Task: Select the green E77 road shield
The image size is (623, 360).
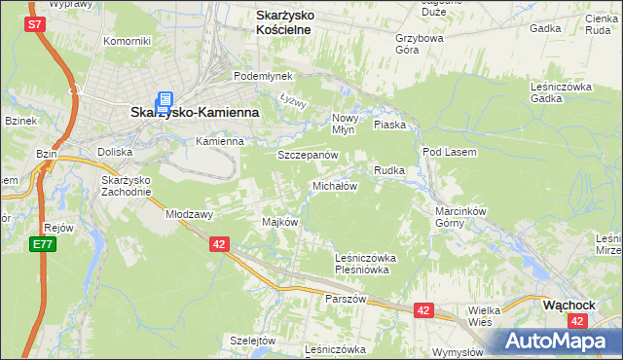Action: (x=41, y=244)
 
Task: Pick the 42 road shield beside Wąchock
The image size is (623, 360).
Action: (x=578, y=320)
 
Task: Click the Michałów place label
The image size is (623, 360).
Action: (x=335, y=185)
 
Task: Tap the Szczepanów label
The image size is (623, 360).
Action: (x=308, y=155)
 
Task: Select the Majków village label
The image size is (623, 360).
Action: (x=279, y=222)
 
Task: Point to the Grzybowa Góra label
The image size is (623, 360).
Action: (x=420, y=45)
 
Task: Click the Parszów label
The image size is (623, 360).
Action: (x=346, y=299)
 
